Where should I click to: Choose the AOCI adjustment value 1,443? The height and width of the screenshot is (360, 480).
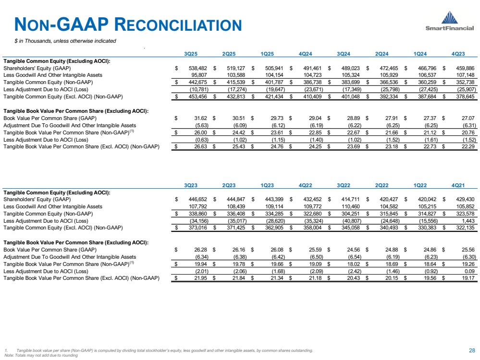468,220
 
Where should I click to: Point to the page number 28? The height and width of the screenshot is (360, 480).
471,350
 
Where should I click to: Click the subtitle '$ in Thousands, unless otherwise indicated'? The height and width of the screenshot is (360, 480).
65,41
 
